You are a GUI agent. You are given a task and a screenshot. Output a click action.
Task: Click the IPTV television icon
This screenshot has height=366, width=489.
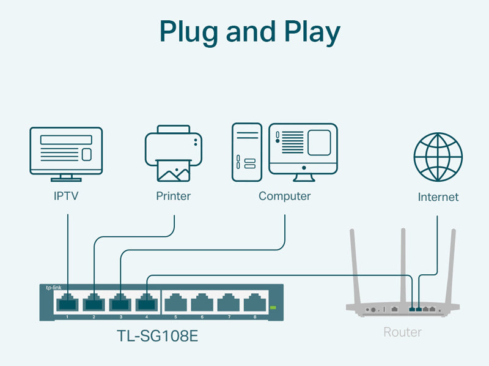coord(66,153)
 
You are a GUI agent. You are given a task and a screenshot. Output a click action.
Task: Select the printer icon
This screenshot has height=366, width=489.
coord(173,153)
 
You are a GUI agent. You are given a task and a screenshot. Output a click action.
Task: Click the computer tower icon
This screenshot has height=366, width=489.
coord(246,152)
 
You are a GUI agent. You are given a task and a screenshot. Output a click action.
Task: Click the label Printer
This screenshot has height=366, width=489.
coord(173,196)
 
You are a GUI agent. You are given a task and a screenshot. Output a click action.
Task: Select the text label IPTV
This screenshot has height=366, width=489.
coord(66,196)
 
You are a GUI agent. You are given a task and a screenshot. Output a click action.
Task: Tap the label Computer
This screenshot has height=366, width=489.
coord(284,196)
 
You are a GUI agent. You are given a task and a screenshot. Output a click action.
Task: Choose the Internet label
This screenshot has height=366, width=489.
coord(438,197)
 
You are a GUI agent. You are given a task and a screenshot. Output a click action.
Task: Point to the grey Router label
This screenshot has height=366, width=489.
coord(402,332)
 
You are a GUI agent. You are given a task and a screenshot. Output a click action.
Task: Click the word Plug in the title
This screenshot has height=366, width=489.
coord(190,32)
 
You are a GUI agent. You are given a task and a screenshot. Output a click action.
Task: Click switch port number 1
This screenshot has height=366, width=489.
coord(67,302)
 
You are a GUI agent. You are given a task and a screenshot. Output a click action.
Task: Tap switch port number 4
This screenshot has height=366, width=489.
coord(147,302)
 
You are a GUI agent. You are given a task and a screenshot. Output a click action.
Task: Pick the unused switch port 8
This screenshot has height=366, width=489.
coord(254,302)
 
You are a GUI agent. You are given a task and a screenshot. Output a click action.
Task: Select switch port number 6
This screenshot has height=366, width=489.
coord(201,302)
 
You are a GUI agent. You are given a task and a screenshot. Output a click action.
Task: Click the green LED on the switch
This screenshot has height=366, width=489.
coord(273,307)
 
